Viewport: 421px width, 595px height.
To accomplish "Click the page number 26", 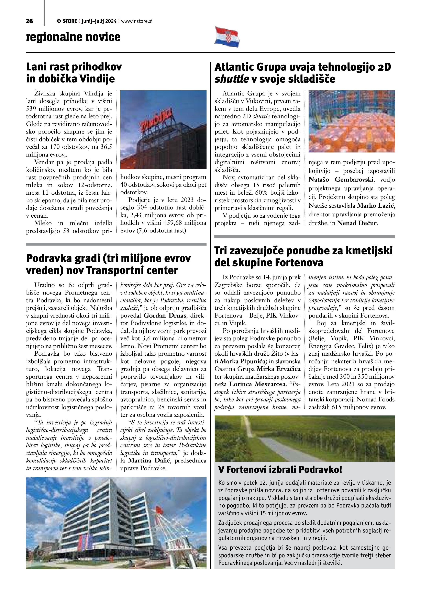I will pyautogui.click(x=29, y=21).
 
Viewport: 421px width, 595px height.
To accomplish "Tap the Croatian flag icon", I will pyautogui.click(x=227, y=37).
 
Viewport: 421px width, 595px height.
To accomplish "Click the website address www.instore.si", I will pyautogui.click(x=137, y=21).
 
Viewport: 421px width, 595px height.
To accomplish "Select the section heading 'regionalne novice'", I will pyautogui.click(x=73, y=37).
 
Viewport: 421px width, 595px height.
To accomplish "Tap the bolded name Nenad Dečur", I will pyautogui.click(x=357, y=223).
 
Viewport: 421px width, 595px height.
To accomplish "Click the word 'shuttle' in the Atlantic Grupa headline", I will pyautogui.click(x=232, y=79).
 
